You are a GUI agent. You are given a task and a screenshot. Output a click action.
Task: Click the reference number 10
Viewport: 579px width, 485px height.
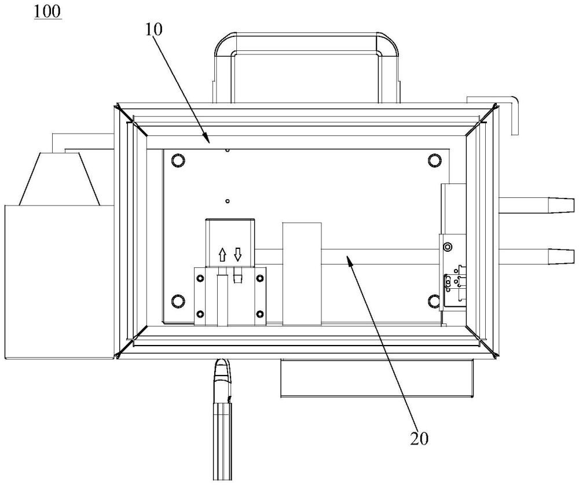pos(153,30)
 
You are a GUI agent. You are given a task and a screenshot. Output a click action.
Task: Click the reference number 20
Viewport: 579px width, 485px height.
pos(419,438)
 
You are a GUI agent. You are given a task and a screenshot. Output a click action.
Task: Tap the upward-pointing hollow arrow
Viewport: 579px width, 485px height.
pos(222,255)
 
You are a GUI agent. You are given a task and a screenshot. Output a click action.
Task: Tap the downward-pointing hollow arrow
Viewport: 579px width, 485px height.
pos(237,254)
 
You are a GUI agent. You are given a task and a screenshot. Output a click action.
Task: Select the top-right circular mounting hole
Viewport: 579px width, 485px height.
pos(435,160)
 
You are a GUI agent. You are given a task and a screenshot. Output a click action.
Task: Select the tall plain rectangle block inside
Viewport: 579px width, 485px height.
pos(302,274)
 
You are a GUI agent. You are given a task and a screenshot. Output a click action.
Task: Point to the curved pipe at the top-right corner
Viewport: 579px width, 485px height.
pos(493,115)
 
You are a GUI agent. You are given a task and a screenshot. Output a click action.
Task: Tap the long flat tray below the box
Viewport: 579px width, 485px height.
pos(377,378)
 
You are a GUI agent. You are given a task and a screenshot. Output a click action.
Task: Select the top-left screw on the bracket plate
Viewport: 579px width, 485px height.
pos(200,278)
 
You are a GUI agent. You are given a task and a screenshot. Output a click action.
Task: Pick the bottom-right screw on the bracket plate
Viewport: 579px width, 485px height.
pos(260,314)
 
